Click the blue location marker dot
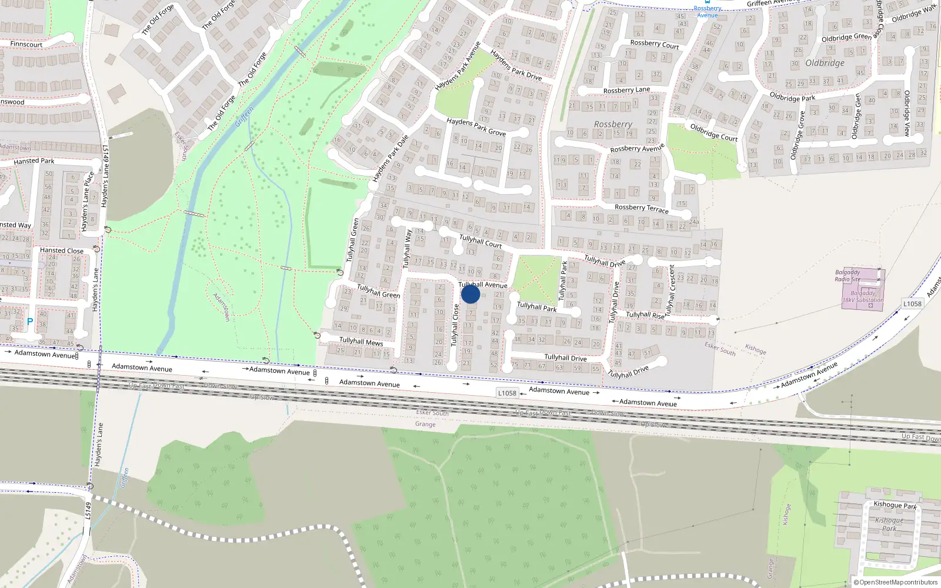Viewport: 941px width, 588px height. click(470, 294)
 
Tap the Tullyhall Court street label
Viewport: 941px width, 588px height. click(480, 241)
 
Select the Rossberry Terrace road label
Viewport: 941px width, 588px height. click(641, 208)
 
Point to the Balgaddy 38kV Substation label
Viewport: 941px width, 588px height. click(862, 296)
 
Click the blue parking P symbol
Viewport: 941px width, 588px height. click(30, 322)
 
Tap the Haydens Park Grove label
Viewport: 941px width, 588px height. click(476, 126)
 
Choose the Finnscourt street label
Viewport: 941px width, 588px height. click(26, 44)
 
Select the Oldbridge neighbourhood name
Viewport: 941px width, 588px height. click(825, 63)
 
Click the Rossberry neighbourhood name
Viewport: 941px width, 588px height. click(613, 124)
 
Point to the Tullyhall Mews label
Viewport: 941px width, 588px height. click(361, 341)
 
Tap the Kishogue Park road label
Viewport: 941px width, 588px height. click(895, 505)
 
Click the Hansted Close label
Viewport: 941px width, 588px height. click(61, 250)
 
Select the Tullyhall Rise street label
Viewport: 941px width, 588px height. click(645, 315)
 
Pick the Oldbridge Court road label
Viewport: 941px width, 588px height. click(713, 132)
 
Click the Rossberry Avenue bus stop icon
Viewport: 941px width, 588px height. click(708, 2)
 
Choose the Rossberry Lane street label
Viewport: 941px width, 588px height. click(626, 90)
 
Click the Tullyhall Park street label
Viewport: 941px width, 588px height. click(536, 307)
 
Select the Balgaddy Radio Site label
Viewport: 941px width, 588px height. click(847, 276)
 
